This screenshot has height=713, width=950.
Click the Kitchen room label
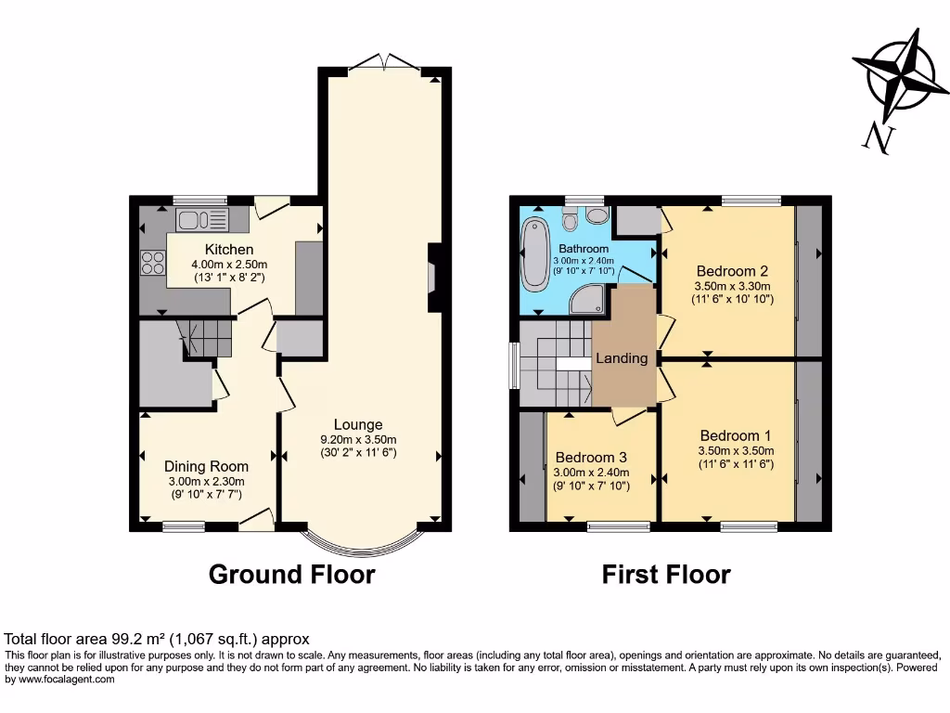[x=229, y=249]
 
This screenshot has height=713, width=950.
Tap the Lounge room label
[x=358, y=424]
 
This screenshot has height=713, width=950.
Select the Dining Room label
[x=206, y=466]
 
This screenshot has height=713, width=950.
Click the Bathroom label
[x=584, y=249]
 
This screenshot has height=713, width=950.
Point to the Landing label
[x=622, y=358]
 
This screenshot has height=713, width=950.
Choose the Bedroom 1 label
[x=736, y=435]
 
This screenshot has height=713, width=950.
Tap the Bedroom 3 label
[x=591, y=457]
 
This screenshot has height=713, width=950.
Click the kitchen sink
[x=201, y=219]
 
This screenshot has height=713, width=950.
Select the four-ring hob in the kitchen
[x=153, y=263]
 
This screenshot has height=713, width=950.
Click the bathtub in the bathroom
[x=535, y=254]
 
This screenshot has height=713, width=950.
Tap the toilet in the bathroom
[x=570, y=219]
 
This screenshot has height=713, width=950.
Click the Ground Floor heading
[x=292, y=574]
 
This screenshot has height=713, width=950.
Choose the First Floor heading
[x=666, y=574]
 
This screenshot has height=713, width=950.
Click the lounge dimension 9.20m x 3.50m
[x=358, y=439]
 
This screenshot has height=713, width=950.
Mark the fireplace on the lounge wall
[x=434, y=278]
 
